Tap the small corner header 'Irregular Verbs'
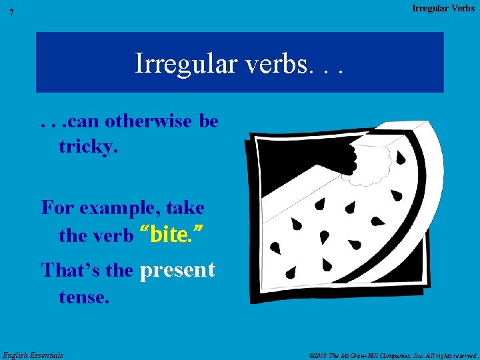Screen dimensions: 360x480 point(443,8)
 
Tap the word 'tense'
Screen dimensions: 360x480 point(82,297)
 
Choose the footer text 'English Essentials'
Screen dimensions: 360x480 point(33,355)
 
